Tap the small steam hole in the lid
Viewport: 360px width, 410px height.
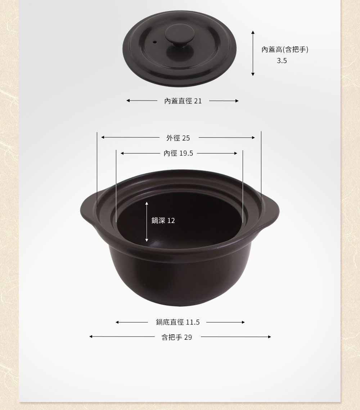click(x=155, y=42)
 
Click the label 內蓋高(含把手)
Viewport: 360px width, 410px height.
click(x=285, y=50)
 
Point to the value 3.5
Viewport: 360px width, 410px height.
click(x=282, y=61)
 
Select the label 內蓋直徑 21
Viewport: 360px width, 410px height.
click(x=183, y=101)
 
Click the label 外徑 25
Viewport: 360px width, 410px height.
click(x=178, y=138)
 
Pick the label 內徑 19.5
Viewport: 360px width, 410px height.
click(x=178, y=153)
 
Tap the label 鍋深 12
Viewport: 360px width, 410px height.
click(x=163, y=220)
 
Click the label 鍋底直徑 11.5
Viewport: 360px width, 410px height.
click(x=178, y=322)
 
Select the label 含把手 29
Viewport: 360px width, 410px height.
click(x=177, y=337)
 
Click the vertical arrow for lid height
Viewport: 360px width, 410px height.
click(x=253, y=53)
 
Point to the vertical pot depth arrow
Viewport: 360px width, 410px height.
click(x=147, y=222)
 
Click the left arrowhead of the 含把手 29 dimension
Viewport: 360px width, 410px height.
click(x=91, y=337)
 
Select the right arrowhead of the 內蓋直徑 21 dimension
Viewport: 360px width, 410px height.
click(x=237, y=101)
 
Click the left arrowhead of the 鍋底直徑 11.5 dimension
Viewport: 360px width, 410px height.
click(x=117, y=322)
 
